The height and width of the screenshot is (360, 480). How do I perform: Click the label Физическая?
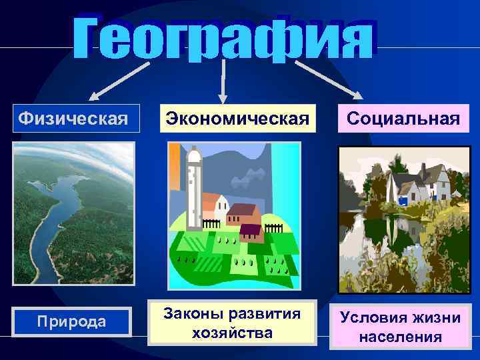coord(73,119)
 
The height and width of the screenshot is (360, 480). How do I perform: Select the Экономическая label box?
coord(238,119)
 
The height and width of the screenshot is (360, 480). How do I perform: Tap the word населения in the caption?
coord(400,337)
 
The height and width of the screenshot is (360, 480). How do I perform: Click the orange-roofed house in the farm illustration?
coord(215,203)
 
